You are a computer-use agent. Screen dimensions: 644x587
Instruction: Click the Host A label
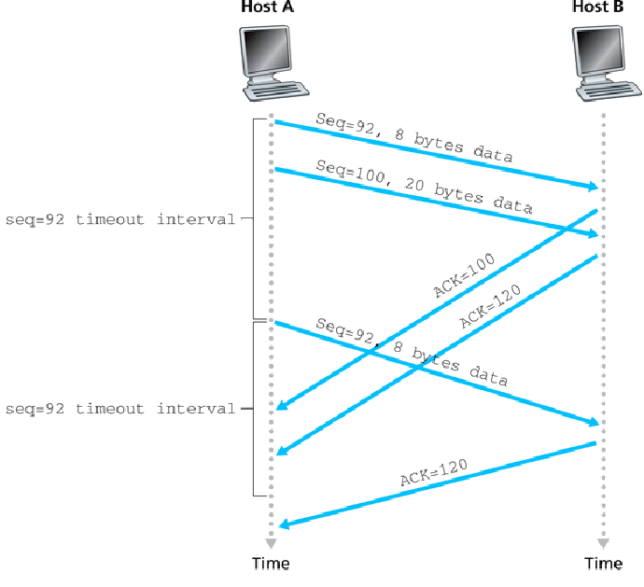tap(267, 7)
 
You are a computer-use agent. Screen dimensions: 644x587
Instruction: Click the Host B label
tap(598, 7)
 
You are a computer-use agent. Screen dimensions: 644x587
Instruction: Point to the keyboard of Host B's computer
tap(609, 91)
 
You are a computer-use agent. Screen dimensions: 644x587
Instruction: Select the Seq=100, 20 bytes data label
tap(425, 187)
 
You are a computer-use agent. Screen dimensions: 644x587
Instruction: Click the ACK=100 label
tap(464, 274)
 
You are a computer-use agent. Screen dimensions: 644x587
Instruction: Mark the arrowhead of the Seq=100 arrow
tap(593, 233)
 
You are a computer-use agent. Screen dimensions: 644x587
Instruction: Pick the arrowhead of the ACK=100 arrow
tap(282, 405)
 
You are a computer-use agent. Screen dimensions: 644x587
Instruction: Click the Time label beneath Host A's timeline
tap(271, 563)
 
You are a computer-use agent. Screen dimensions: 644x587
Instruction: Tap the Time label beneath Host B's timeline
tap(603, 563)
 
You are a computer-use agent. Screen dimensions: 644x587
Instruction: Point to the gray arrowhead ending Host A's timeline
tap(271, 543)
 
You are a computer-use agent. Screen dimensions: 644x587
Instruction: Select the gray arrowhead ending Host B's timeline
tap(603, 543)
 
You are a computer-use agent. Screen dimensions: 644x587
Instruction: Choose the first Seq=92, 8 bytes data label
tap(414, 137)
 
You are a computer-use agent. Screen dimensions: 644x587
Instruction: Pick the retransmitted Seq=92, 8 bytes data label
tap(412, 352)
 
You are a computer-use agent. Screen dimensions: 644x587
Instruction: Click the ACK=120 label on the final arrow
tap(434, 472)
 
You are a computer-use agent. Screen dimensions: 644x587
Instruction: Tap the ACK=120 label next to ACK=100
tap(490, 306)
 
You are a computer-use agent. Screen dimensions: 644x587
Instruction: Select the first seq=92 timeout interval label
tap(119, 219)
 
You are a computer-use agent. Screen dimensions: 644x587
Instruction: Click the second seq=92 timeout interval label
tap(119, 409)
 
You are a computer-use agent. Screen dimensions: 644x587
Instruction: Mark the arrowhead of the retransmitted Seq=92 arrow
tap(593, 422)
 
